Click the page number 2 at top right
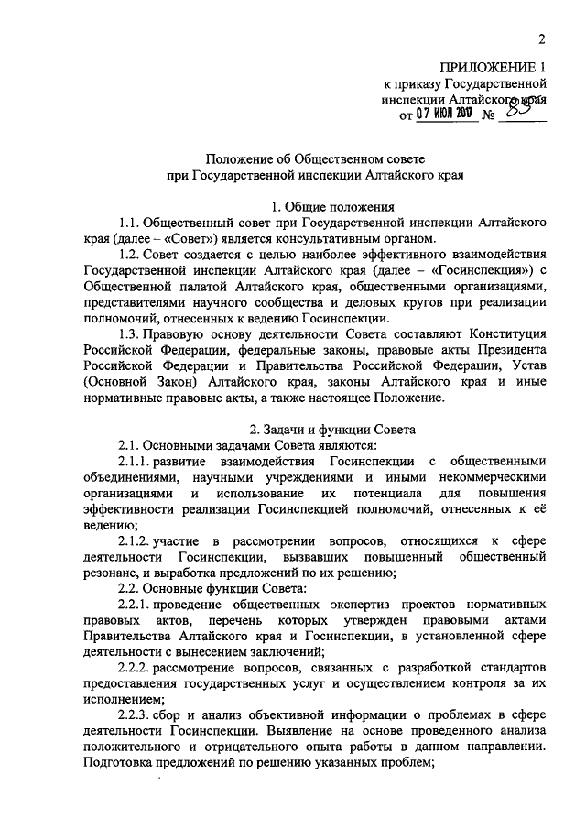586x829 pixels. click(x=541, y=39)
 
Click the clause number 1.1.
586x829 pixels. click(x=132, y=224)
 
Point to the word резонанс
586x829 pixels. click(x=112, y=573)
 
